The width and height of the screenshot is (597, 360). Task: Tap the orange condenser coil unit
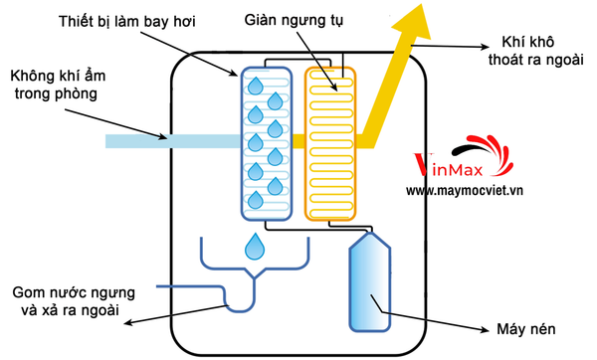coord(330,142)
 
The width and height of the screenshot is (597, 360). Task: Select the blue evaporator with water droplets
coord(267,142)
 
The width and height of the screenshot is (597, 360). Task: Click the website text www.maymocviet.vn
coord(479,190)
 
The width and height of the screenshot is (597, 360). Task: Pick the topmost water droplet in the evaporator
coord(256,84)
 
